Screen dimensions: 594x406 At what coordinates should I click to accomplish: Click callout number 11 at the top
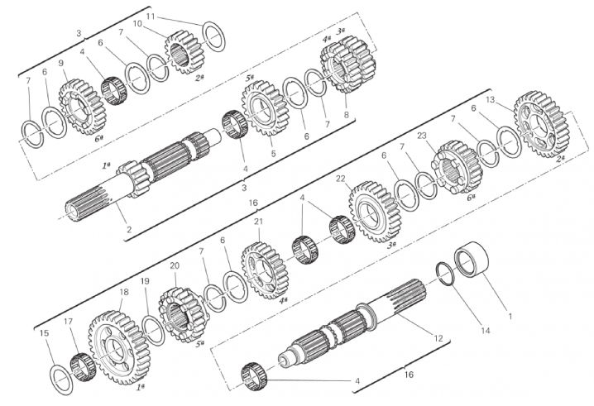click(151, 17)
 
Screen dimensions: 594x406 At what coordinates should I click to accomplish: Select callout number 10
click(137, 24)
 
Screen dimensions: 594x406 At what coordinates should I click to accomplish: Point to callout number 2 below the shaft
click(129, 229)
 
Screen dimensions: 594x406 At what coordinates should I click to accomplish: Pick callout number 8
click(346, 114)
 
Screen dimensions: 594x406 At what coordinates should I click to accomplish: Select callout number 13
click(491, 99)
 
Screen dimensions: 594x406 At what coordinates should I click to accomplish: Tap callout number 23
click(422, 136)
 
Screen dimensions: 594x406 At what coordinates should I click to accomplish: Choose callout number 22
click(341, 179)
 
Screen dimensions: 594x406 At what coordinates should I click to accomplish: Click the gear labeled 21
click(265, 270)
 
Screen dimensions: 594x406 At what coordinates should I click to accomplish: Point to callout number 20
click(175, 265)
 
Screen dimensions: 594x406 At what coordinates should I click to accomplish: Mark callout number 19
click(145, 281)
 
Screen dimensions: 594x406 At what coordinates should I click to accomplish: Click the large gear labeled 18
click(120, 347)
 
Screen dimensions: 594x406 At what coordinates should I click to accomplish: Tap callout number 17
click(68, 322)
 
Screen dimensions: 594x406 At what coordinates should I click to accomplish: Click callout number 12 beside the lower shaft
click(438, 338)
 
